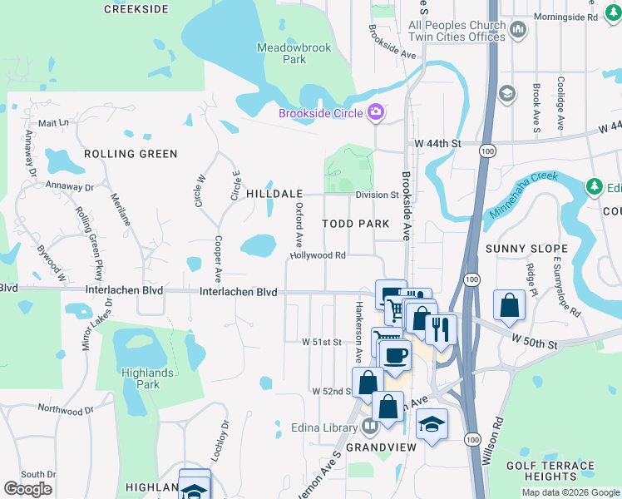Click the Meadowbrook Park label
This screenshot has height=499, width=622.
click(x=294, y=53)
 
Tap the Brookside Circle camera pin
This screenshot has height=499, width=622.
click(x=376, y=112)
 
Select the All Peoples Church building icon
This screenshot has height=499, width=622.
click(x=519, y=31)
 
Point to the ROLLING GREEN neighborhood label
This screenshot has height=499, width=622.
click(x=131, y=154)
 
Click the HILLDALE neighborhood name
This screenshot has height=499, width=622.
click(x=274, y=193)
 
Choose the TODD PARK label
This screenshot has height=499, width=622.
click(x=356, y=225)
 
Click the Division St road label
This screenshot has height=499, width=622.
click(x=378, y=195)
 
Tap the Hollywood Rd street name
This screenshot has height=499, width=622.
click(x=318, y=255)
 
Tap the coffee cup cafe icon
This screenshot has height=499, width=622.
click(x=396, y=355)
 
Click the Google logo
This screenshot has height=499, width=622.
click(x=28, y=489)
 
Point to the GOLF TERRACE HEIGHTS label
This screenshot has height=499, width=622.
click(x=550, y=471)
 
